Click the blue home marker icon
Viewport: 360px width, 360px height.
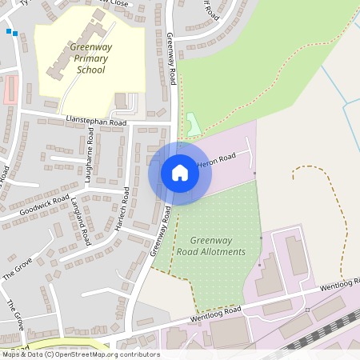[x=180, y=173]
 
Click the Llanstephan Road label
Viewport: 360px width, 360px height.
[x=96, y=122]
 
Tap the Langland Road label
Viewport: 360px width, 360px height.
[x=82, y=219]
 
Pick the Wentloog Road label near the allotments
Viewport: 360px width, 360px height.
[x=215, y=314]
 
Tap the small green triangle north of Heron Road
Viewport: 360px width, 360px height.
[x=193, y=125]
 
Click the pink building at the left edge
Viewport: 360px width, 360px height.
[x=9, y=90]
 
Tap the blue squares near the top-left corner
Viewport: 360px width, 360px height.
[x=11, y=32]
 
